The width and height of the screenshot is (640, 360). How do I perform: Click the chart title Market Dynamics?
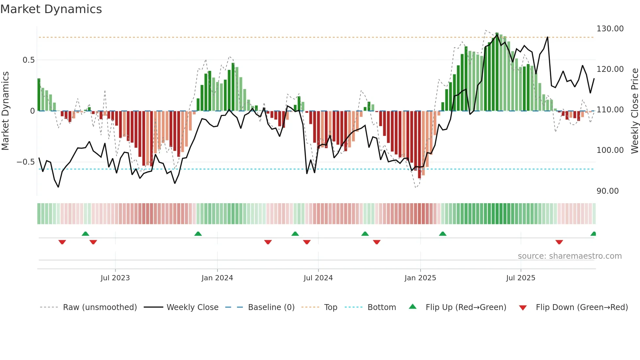[x=51, y=9]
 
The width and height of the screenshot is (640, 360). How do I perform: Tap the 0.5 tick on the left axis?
[x=28, y=60]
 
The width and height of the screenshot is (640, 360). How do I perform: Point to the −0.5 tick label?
[x=26, y=162]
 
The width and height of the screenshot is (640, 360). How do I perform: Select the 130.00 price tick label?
[x=610, y=29]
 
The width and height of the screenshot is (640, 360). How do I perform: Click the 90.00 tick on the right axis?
[x=607, y=191]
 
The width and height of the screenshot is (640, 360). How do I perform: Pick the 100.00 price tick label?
[x=610, y=150]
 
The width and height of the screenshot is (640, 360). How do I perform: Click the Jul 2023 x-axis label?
[x=115, y=278]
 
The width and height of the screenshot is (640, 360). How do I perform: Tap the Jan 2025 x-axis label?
[x=420, y=278]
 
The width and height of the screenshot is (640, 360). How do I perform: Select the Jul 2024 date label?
[x=318, y=278]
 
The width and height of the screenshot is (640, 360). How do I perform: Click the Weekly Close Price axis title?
[x=634, y=111]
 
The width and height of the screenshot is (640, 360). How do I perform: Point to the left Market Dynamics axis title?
[x=5, y=111]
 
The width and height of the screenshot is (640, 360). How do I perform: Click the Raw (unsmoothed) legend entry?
[x=100, y=307]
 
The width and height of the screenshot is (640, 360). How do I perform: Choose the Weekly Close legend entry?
[x=192, y=307]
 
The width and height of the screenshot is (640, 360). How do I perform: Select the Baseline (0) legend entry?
[x=271, y=307]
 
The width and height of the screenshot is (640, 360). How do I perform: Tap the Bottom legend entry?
[x=381, y=307]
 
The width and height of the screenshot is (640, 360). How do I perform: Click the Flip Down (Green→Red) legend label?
[x=582, y=307]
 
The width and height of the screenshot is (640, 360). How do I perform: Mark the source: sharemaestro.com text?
[x=569, y=256]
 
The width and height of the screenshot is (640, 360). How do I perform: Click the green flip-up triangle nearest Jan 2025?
[x=442, y=234]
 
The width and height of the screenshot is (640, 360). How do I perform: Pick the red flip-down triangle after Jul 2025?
[x=559, y=242]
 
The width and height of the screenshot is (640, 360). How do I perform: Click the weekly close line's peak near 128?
[x=548, y=37]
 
